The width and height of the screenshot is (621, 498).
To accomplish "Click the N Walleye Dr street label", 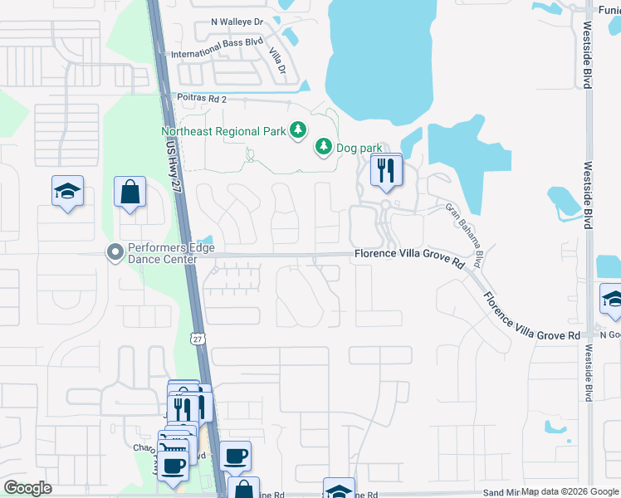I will coord(237,22).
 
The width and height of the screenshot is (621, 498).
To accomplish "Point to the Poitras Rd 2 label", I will coord(202,97).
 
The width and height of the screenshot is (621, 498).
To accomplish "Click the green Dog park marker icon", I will coord(322,148).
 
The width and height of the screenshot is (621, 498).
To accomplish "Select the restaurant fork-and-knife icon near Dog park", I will coord(385,171).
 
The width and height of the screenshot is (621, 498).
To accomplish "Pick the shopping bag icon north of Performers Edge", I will coord(130,193).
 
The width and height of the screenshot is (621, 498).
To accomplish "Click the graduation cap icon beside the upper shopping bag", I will coord(68,193).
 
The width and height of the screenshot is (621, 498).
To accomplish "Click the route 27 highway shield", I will coord(196,339).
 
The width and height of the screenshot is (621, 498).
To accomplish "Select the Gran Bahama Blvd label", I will coord(465,235).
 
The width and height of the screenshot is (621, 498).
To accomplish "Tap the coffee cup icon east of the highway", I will coord(236,456).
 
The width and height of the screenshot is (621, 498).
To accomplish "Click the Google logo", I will coord(28,488).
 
